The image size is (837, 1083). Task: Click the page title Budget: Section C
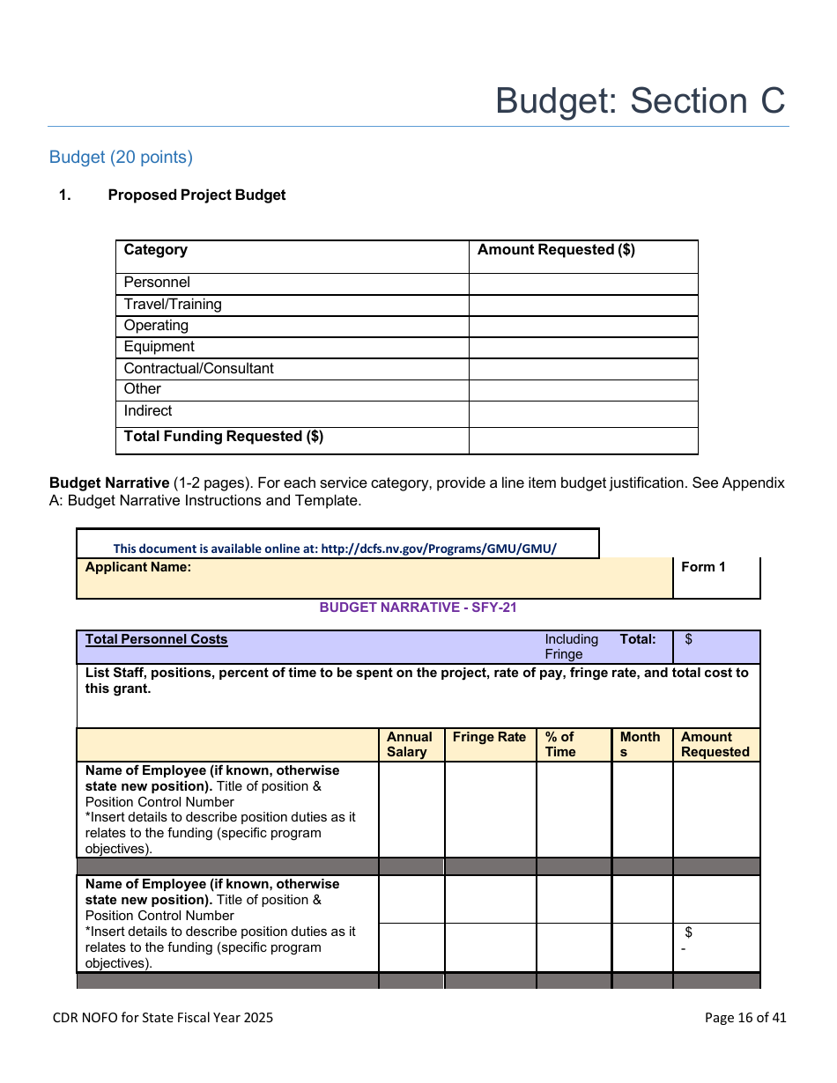coord(640,101)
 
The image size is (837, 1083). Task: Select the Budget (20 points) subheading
coord(121,157)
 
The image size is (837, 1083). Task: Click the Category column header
coord(156,250)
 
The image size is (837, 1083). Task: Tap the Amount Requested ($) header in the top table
coord(556,250)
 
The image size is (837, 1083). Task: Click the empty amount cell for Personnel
coord(582,284)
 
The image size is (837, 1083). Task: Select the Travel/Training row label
coord(173,305)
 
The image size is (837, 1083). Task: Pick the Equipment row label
coord(159,347)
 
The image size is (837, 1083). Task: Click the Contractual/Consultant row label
coord(198,368)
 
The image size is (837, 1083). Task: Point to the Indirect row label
coord(148,411)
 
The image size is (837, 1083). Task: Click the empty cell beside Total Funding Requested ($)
coord(582,439)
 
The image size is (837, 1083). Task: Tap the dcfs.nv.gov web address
coord(439,549)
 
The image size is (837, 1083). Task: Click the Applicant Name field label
coord(138,567)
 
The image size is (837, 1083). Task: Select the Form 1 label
coord(703,567)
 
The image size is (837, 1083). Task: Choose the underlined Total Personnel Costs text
coord(157,639)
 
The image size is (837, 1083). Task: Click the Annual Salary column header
coord(410,744)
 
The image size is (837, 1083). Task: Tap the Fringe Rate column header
coord(489,738)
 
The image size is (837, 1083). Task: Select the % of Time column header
coord(560,744)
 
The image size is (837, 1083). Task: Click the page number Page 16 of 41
coord(745,1018)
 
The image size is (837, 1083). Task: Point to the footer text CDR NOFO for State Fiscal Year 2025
coord(163,1018)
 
